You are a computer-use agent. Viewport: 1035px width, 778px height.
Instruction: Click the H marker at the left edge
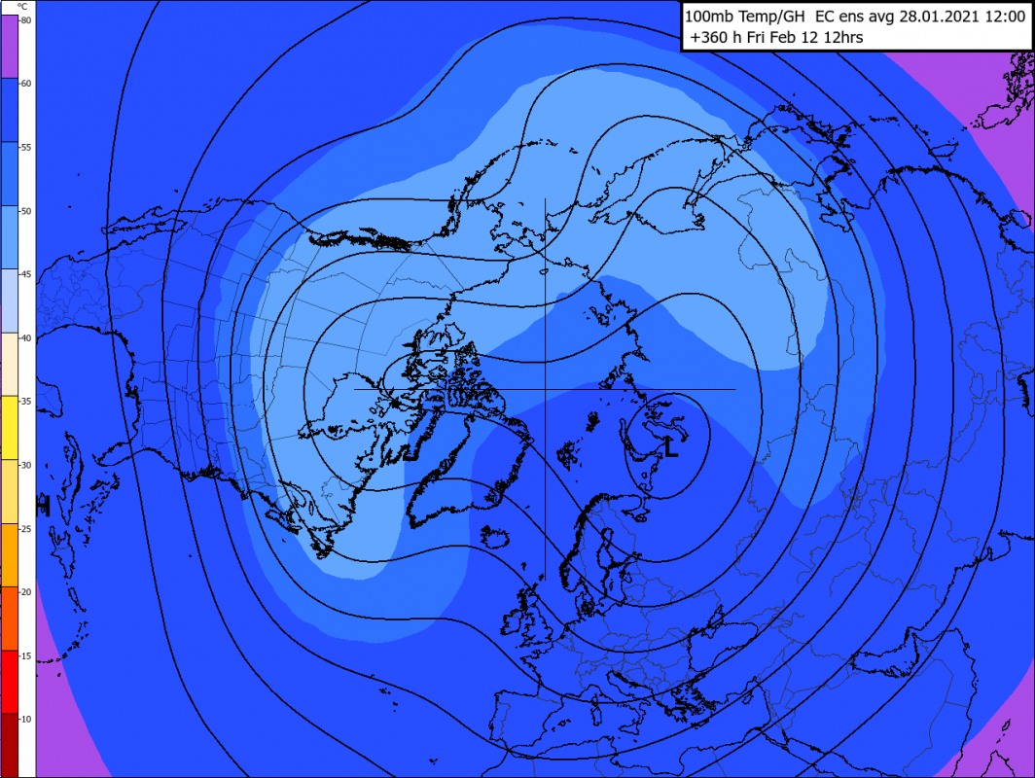(42, 506)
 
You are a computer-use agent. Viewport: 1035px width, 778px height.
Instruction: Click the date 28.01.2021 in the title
(896, 16)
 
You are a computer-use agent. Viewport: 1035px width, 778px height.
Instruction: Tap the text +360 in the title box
(709, 38)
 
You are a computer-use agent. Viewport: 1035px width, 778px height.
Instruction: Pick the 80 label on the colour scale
(25, 19)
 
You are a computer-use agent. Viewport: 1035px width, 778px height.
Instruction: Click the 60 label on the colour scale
(25, 83)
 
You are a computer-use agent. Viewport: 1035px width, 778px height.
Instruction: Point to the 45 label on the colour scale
(25, 274)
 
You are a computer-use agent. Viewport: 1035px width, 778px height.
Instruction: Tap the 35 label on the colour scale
(25, 401)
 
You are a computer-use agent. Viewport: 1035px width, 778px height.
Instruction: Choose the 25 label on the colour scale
(25, 528)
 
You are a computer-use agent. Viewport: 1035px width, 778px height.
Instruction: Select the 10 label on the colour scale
(25, 718)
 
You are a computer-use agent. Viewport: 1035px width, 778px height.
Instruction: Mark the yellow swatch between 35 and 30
(17, 427)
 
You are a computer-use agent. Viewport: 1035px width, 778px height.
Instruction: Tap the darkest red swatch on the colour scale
(17, 744)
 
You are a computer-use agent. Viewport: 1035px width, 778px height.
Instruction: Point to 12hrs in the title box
(841, 38)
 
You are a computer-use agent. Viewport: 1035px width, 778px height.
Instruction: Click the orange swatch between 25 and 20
(17, 554)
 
